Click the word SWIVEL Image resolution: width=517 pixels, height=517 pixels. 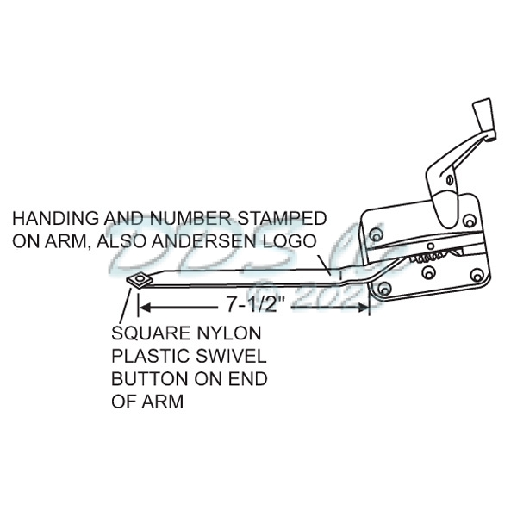(x=214, y=357)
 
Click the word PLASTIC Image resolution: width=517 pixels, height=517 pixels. (x=146, y=357)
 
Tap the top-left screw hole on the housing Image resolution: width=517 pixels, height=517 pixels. (x=376, y=234)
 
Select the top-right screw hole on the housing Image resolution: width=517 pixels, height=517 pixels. (x=470, y=221)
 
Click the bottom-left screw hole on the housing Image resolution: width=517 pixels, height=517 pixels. (x=384, y=287)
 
